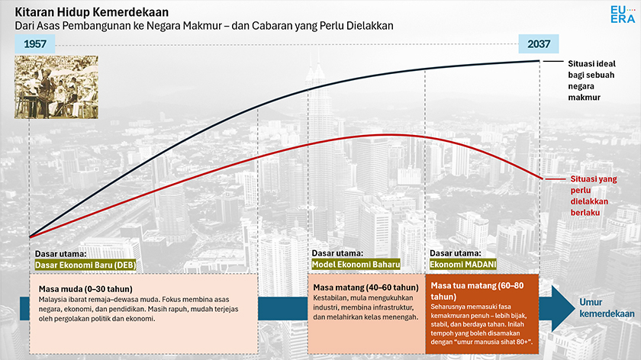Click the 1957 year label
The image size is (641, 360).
point(34,44)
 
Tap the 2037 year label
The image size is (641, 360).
point(539,44)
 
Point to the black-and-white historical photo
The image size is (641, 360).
point(54,86)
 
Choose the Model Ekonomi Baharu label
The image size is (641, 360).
point(351,265)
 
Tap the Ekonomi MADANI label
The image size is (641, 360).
point(463,265)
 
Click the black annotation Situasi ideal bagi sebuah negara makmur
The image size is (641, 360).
point(592,81)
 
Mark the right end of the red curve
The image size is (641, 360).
point(540,178)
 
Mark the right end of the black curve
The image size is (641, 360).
point(540,61)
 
